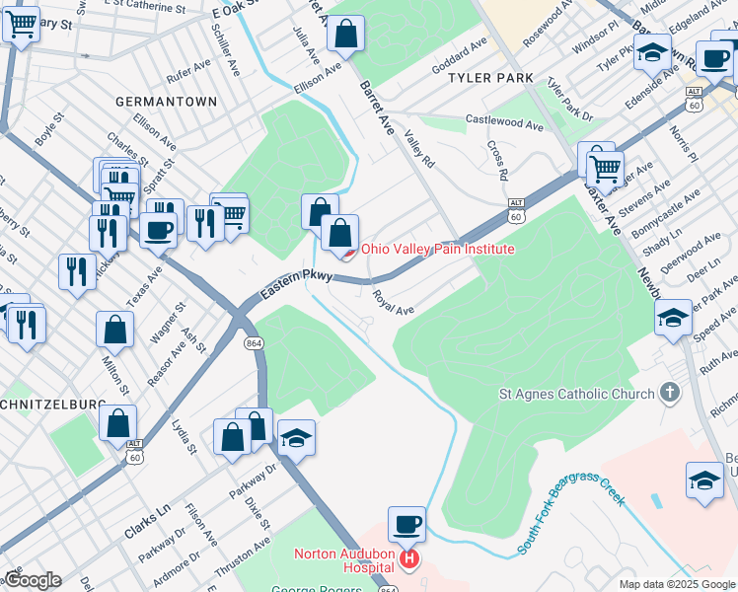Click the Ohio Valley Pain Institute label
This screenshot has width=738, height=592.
click(437, 249)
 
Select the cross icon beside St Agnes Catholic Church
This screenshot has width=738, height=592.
click(670, 394)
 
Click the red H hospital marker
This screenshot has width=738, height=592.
click(408, 560)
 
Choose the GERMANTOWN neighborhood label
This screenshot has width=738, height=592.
click(166, 102)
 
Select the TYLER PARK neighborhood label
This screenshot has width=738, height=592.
click(490, 78)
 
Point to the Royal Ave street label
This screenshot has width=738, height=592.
click(393, 302)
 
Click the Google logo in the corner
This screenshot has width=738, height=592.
click(32, 580)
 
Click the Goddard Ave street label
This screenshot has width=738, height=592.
click(460, 58)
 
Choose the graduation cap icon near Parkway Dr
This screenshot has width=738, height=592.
click(296, 438)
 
